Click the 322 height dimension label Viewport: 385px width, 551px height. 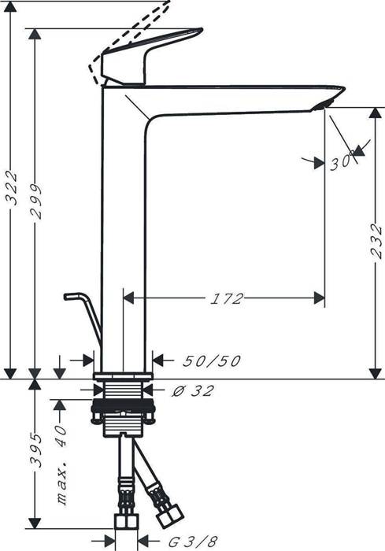(12, 188)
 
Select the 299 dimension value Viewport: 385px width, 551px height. (35, 202)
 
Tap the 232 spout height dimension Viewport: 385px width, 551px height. (376, 241)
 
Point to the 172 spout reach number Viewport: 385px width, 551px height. (226, 298)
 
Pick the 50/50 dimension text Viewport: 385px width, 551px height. (212, 361)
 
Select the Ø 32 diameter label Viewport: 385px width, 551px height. (193, 390)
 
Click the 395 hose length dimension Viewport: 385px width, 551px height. (35, 450)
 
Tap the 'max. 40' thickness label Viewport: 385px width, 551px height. (61, 465)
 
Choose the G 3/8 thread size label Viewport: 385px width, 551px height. (193, 542)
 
